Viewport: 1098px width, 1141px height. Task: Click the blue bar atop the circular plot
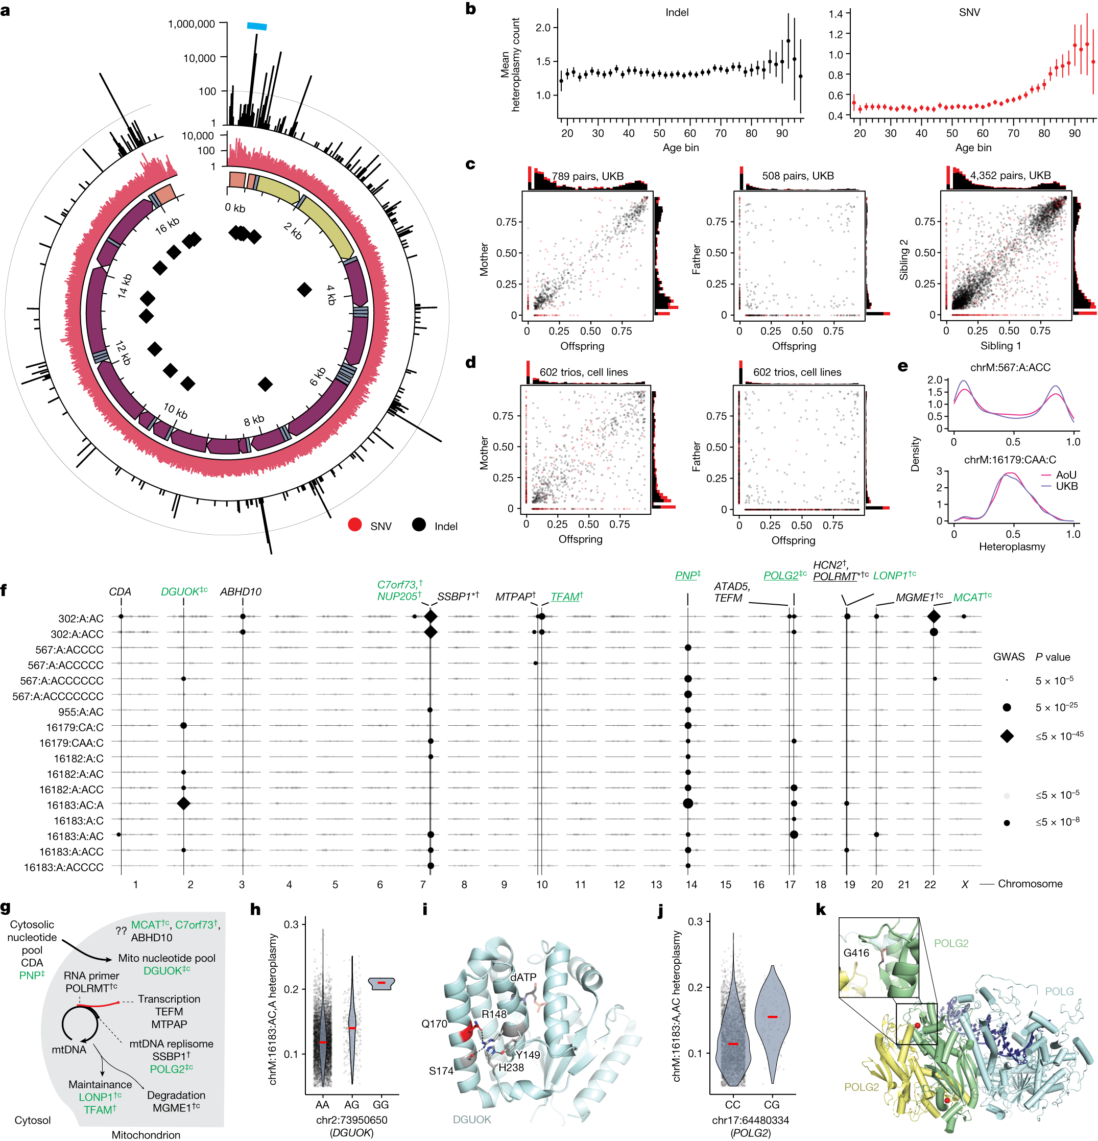[x=257, y=26]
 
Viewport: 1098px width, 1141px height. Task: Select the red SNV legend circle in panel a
[x=354, y=525]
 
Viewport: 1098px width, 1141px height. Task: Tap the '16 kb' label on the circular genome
[x=167, y=226]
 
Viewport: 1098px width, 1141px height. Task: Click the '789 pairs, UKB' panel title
[x=587, y=176]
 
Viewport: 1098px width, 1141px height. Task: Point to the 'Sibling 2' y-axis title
[x=904, y=259]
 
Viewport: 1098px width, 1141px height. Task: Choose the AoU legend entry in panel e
[x=1066, y=475]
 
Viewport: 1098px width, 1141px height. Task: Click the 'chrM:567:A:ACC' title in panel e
[x=1010, y=368]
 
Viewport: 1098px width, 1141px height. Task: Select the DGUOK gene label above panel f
[x=180, y=592]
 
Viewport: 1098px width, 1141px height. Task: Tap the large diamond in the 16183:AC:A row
[x=183, y=803]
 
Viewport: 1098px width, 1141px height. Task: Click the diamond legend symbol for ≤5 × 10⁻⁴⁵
[x=1007, y=736]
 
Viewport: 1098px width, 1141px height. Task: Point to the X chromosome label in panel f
[x=965, y=884]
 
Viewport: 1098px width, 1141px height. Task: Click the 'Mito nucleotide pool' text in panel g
[x=166, y=958]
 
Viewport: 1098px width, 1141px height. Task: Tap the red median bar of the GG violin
[x=381, y=983]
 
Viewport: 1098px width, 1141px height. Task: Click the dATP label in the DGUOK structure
[x=523, y=977]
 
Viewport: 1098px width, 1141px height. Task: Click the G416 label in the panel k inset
[x=856, y=953]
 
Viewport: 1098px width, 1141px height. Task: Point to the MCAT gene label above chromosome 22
[x=968, y=597]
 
